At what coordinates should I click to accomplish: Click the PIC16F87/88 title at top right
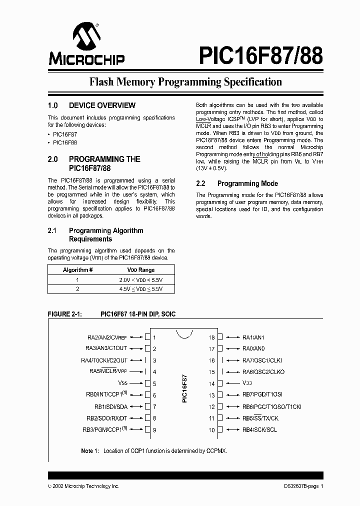coord(260,55)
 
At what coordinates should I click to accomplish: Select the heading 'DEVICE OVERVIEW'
coord(102,105)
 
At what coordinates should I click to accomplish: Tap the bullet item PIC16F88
coord(65,142)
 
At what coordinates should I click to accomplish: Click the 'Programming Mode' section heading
coord(247,183)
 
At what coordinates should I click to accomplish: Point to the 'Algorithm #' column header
coord(78,269)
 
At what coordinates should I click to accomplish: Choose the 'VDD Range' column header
coord(141,269)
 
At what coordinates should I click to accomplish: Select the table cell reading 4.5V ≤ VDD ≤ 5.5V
coord(141,289)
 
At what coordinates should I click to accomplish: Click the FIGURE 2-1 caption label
coord(64,314)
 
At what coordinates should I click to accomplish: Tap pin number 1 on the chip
coord(154,337)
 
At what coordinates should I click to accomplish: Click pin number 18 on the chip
coord(211,337)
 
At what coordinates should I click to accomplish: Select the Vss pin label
coord(123,383)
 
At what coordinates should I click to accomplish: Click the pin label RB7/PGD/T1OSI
coord(263,395)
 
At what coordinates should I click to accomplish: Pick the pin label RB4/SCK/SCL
coord(259,430)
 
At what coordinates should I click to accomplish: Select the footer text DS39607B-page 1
coord(300,486)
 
